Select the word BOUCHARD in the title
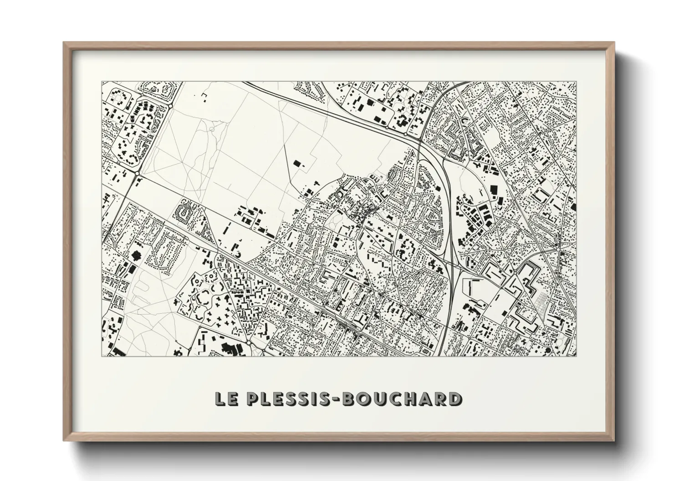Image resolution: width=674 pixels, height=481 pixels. (x=400, y=399)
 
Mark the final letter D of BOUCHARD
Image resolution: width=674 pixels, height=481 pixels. (x=454, y=399)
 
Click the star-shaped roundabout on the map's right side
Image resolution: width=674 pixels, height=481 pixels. (x=558, y=248)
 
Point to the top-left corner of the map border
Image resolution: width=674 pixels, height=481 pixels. (x=102, y=82)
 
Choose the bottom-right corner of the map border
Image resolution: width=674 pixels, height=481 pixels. (x=576, y=356)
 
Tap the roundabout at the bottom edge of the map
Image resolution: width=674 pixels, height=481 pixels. (x=249, y=341)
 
